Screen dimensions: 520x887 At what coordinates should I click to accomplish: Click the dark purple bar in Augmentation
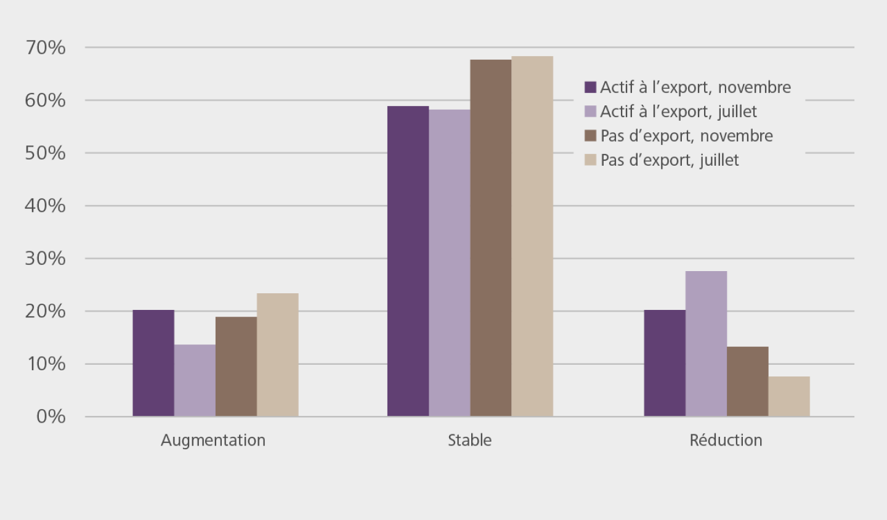click(153, 363)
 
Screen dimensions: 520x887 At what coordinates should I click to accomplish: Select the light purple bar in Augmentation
click(195, 380)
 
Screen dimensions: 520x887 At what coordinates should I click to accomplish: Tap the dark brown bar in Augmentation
click(236, 367)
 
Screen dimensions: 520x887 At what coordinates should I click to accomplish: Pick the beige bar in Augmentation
click(278, 355)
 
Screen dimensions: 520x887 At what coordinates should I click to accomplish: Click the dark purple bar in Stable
click(408, 261)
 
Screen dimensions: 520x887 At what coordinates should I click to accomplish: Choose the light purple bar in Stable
click(449, 263)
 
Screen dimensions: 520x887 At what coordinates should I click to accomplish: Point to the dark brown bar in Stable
click(491, 238)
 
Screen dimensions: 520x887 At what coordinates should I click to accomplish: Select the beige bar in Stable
click(532, 236)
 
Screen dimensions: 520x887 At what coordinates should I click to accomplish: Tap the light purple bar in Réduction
click(706, 344)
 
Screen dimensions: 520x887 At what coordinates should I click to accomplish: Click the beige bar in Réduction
click(789, 396)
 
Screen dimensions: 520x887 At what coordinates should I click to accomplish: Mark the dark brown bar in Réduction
click(748, 381)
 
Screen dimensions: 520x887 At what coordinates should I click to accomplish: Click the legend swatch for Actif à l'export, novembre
click(590, 87)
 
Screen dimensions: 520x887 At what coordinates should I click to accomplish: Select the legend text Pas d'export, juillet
click(670, 160)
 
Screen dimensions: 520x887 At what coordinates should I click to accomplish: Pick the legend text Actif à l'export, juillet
click(678, 112)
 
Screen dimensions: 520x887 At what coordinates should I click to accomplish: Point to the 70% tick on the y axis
click(45, 47)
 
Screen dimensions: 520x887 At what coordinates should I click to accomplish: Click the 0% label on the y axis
click(51, 416)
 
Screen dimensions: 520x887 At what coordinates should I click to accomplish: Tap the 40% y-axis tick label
click(45, 206)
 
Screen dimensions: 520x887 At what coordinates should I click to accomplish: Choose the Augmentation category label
click(213, 440)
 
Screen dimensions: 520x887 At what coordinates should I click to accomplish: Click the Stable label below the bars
click(469, 440)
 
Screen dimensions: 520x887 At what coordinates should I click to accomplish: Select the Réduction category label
click(726, 440)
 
